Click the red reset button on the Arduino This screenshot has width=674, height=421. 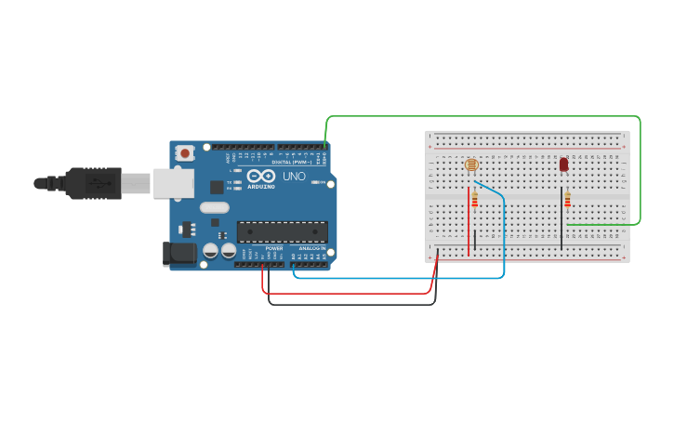(x=185, y=152)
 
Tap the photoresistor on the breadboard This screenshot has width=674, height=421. (x=471, y=164)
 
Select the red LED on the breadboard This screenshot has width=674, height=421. (x=563, y=164)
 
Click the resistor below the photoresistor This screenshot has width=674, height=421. (x=475, y=199)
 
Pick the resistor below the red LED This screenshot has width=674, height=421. (x=567, y=200)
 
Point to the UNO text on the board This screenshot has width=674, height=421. (x=294, y=176)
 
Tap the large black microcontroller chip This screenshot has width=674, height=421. (x=282, y=231)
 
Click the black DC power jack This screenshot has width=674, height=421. (x=178, y=254)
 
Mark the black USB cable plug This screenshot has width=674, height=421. (x=94, y=183)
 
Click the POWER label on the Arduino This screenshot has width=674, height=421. (x=274, y=249)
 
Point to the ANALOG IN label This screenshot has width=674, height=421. (x=311, y=249)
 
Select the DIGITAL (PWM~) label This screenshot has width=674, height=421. (x=289, y=162)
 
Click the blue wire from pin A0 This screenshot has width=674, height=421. (x=400, y=277)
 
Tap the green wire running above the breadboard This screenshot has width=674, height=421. (x=483, y=116)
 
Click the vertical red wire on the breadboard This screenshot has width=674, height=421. (x=469, y=223)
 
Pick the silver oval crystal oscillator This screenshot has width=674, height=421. (x=214, y=208)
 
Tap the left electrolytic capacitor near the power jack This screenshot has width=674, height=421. (x=211, y=250)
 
